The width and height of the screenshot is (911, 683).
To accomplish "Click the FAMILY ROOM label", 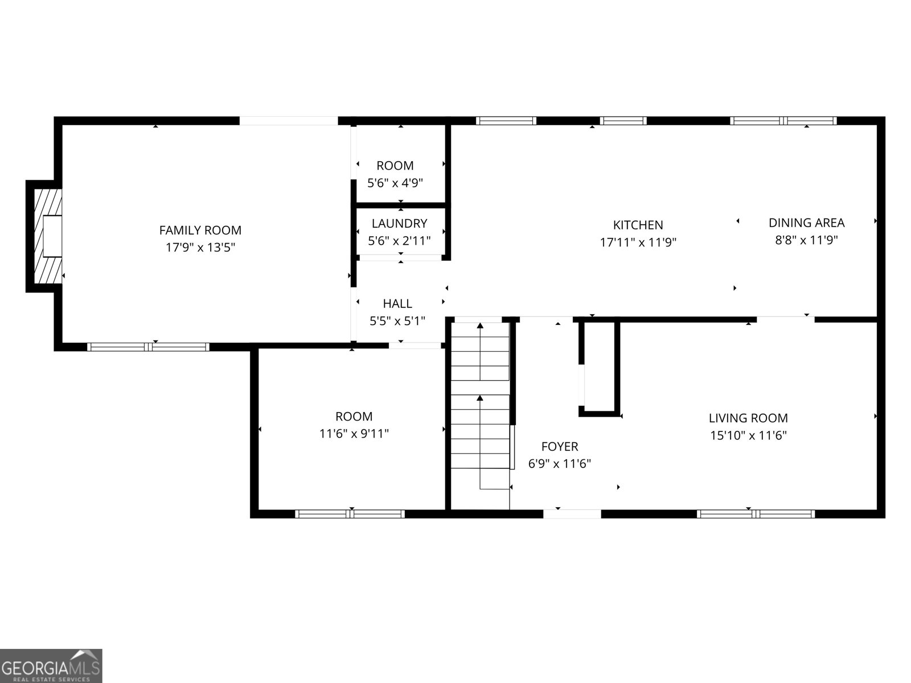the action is (200, 230).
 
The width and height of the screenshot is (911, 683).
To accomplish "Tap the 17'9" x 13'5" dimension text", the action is (200, 248).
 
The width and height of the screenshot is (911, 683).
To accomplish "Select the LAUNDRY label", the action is (399, 224).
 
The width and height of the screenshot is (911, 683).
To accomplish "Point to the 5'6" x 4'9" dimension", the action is (395, 183).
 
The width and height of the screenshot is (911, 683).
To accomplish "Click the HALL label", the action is (397, 303).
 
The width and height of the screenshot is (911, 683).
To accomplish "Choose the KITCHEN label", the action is (638, 225).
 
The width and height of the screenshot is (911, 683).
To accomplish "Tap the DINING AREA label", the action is (806, 223).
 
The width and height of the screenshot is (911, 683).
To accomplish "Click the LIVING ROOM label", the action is (748, 418).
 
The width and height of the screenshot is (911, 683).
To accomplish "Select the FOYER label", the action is (560, 447).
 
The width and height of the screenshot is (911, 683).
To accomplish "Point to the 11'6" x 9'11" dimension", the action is (354, 434).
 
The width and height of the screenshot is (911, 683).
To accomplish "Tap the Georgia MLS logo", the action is (51, 666).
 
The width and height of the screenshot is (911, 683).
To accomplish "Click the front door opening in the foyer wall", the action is (572, 514).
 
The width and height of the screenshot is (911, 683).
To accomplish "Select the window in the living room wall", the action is (756, 514).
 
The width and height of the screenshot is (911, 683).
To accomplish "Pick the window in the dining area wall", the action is (783, 121).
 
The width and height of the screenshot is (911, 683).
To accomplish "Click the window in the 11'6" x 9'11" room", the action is (350, 514).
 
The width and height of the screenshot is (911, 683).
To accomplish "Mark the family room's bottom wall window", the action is (148, 347).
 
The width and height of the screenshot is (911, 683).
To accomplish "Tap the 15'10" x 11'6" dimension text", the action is (748, 435).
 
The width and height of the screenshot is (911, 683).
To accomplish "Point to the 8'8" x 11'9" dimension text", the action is (806, 240).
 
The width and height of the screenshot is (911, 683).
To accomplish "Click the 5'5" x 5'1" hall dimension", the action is (397, 321).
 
